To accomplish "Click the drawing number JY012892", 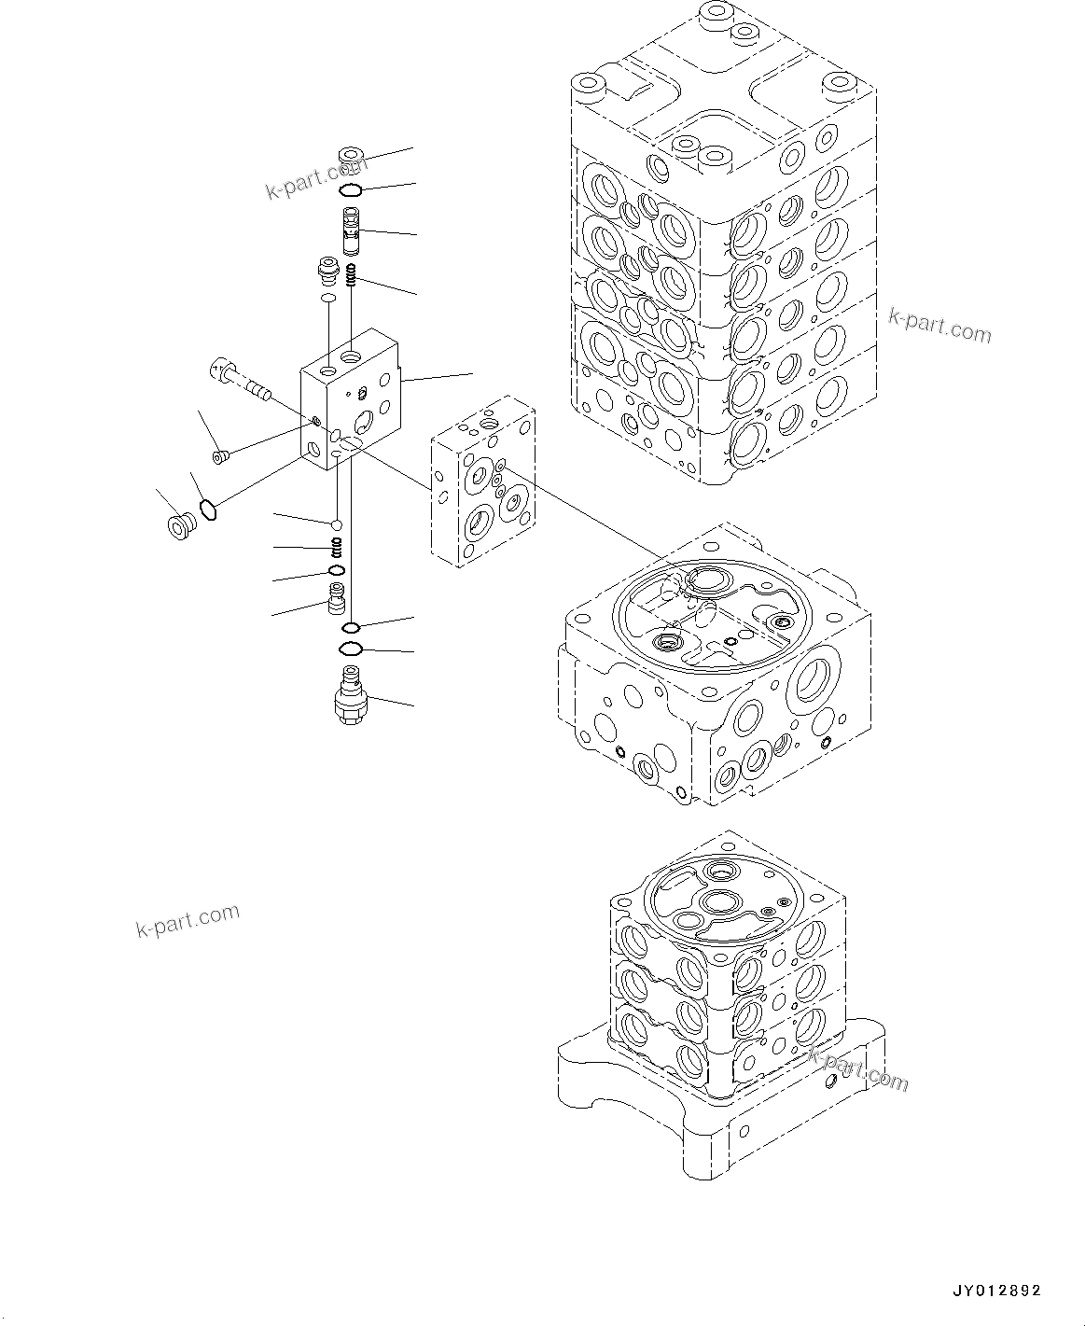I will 995,1291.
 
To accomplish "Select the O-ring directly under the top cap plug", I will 351,190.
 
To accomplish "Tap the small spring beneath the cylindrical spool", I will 352,274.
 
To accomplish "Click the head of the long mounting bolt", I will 219,370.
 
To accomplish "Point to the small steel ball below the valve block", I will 336,525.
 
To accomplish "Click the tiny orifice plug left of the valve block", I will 221,456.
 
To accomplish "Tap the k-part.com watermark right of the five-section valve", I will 939,326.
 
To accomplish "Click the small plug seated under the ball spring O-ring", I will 336,595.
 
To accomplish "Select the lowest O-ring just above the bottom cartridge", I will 351,649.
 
